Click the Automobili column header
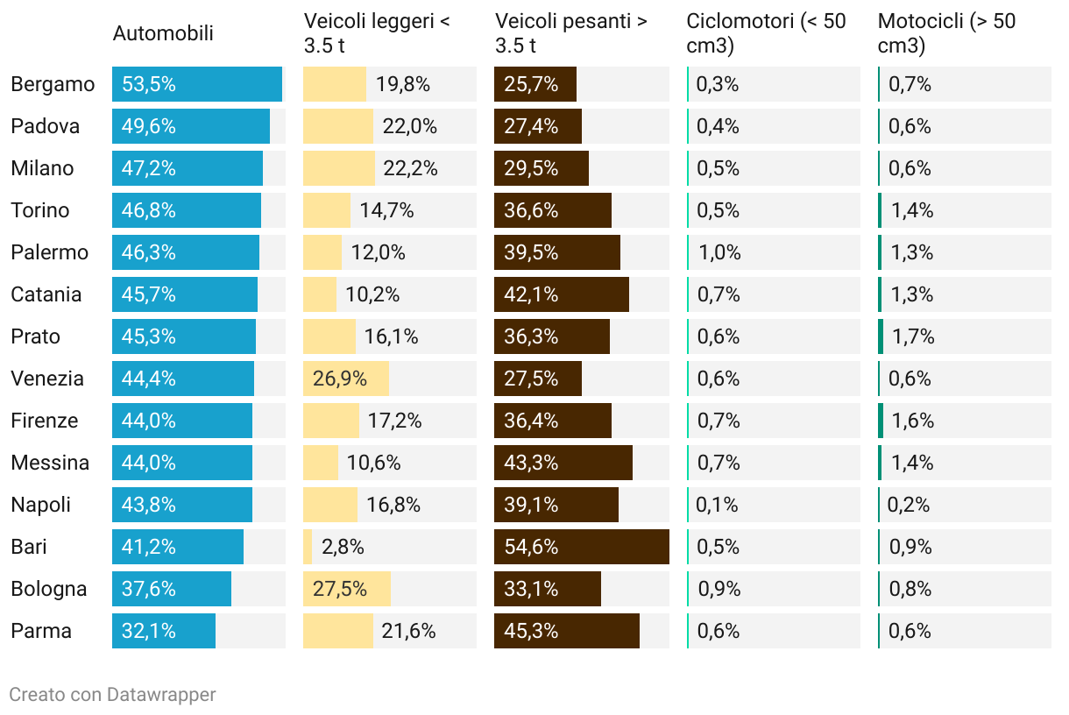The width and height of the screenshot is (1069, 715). point(163,34)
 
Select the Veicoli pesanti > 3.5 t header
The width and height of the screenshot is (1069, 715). point(570,34)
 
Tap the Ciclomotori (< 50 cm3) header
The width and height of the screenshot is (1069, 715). point(766,34)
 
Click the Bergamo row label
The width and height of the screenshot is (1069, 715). point(53,84)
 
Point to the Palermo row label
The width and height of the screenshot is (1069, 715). point(50,252)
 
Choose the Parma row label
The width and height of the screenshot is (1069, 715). point(41,631)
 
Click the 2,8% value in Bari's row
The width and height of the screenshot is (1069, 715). point(343,547)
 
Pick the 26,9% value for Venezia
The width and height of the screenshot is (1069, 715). point(340,379)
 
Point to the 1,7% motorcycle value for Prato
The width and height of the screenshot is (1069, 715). point(912,336)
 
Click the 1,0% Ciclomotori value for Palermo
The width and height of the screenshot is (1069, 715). point(719,252)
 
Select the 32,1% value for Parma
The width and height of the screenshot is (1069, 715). point(149,631)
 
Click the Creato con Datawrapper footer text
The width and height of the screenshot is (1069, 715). point(112,695)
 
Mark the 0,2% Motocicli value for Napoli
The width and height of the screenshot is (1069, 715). point(909,505)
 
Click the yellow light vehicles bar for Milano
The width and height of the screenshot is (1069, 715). point(339,168)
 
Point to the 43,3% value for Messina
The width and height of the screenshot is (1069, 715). point(531,463)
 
